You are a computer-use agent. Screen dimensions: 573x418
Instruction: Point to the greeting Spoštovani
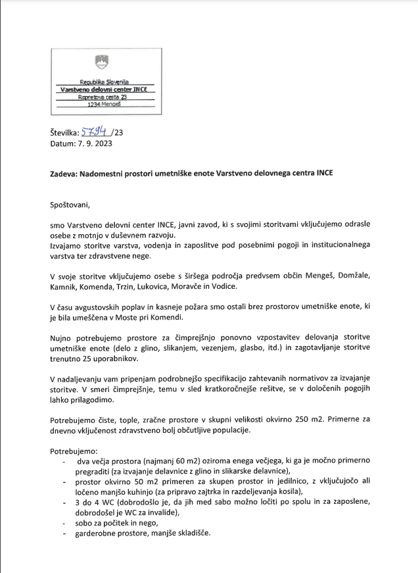click(72, 204)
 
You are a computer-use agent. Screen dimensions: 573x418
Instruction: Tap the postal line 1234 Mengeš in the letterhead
click(101, 103)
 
